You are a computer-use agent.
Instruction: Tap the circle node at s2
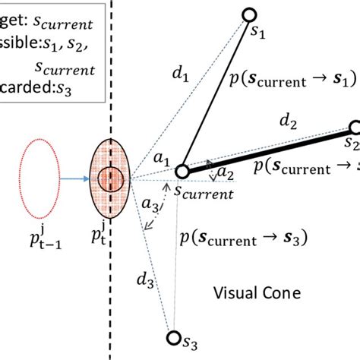pos(354,128)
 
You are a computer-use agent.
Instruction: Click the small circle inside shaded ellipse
pos(112,181)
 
